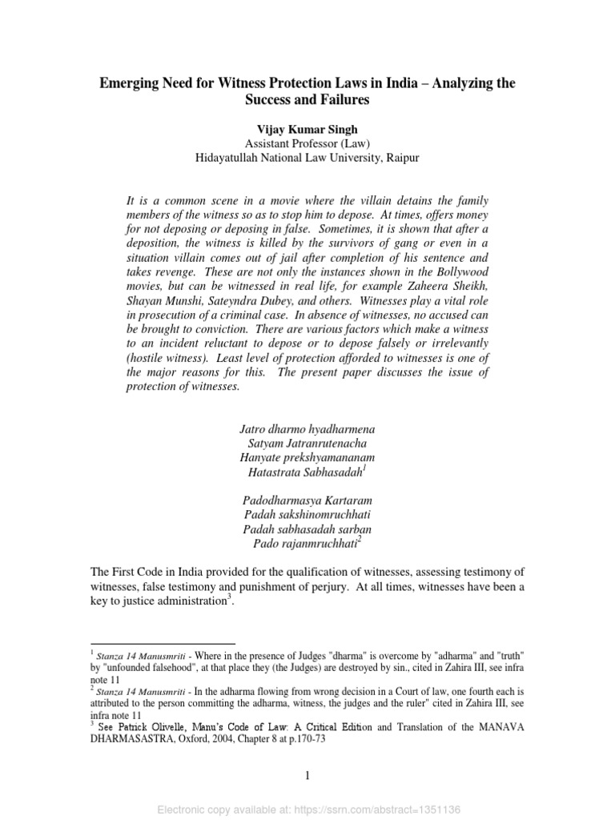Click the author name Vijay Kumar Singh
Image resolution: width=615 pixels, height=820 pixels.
pyautogui.click(x=307, y=129)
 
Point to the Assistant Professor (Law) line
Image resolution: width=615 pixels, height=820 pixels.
pyautogui.click(x=307, y=143)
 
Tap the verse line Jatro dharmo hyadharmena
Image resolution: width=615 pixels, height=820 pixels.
pyautogui.click(x=307, y=428)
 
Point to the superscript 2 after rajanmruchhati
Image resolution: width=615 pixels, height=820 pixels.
pyautogui.click(x=360, y=540)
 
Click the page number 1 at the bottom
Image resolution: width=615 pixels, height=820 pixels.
pyautogui.click(x=307, y=774)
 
